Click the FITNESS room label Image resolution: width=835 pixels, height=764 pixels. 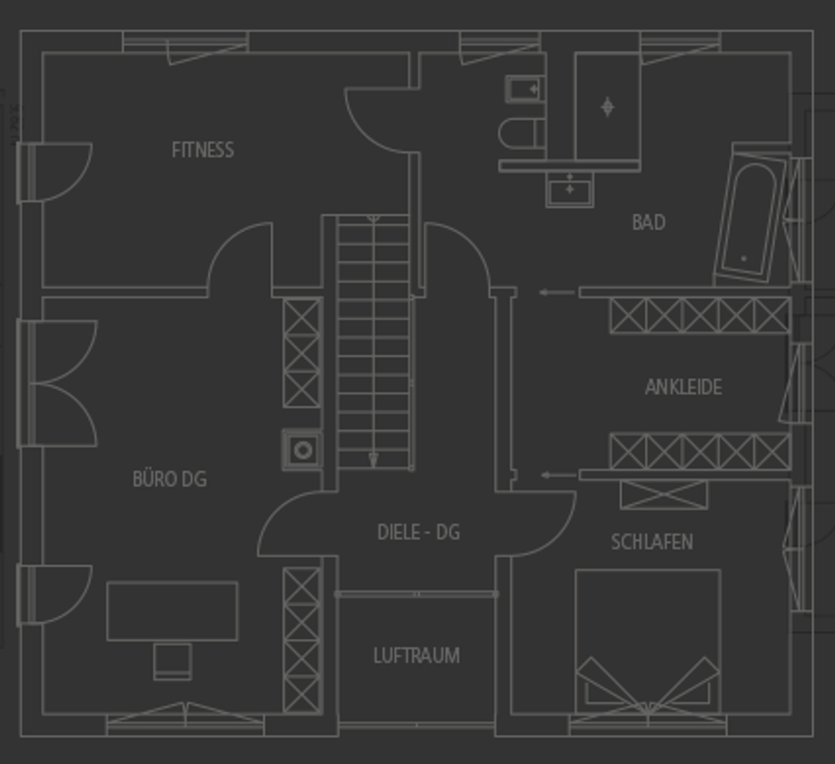[203, 150]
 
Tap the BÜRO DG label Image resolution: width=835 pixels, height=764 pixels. [170, 479]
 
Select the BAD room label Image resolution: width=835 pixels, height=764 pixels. [648, 223]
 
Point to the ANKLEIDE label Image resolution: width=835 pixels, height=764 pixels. [683, 387]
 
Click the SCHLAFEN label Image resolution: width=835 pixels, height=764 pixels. [652, 542]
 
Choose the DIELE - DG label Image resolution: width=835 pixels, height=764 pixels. [418, 533]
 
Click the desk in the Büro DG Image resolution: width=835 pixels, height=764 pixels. [172, 610]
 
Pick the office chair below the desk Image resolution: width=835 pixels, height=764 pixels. [172, 660]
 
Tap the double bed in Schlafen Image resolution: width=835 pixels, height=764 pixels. [647, 639]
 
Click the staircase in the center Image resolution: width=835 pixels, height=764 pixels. [373, 342]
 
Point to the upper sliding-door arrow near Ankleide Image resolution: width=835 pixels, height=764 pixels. [556, 292]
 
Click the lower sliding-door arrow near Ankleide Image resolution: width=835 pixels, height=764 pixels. [558, 475]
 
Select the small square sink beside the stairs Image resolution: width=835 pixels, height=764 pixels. [302, 450]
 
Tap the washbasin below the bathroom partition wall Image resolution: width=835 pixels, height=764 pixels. [569, 188]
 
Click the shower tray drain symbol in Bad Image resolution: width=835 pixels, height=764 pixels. [607, 106]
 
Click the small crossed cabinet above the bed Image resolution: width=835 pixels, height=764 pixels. [663, 494]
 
